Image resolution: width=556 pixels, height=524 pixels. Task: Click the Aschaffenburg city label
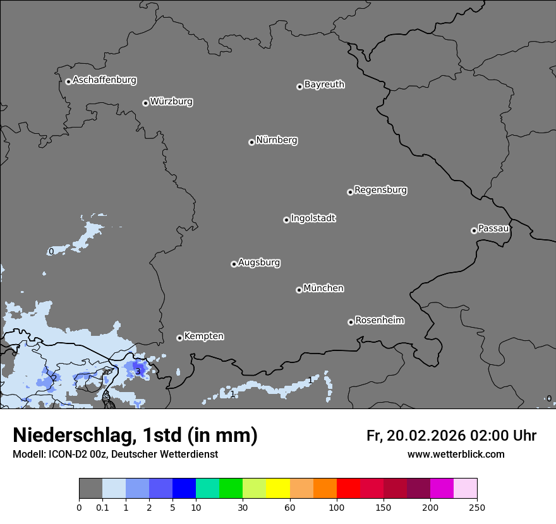coord(104,80)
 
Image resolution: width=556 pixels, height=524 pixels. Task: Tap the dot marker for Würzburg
coord(145,103)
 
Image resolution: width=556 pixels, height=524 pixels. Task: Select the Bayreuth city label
coord(324,85)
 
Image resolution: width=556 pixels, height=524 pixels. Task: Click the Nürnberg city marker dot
coord(251,142)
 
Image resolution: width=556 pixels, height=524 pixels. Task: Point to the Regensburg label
coord(380,190)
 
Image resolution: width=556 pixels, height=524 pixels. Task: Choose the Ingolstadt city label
coord(313,218)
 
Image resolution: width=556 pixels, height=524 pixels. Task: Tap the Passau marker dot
coord(474,230)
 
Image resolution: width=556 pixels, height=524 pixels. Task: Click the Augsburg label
coord(259,263)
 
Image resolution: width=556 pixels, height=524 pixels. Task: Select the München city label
coord(323,289)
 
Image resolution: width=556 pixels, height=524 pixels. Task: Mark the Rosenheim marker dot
coord(351,323)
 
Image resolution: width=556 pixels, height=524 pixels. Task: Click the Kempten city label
coord(203,336)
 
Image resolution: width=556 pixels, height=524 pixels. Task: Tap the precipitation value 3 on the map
coord(138,371)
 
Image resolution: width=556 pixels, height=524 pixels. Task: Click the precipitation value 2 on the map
coord(54,378)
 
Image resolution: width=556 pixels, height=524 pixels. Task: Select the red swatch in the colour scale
coord(348,489)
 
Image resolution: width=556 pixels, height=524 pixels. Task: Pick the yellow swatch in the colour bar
coord(278,489)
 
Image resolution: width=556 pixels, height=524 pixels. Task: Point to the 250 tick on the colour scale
coord(477,507)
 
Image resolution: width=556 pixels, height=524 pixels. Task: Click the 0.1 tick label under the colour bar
coord(102,507)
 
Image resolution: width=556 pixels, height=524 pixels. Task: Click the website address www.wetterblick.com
coord(456,454)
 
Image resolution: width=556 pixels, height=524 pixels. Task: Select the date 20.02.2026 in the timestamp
coord(426,436)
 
